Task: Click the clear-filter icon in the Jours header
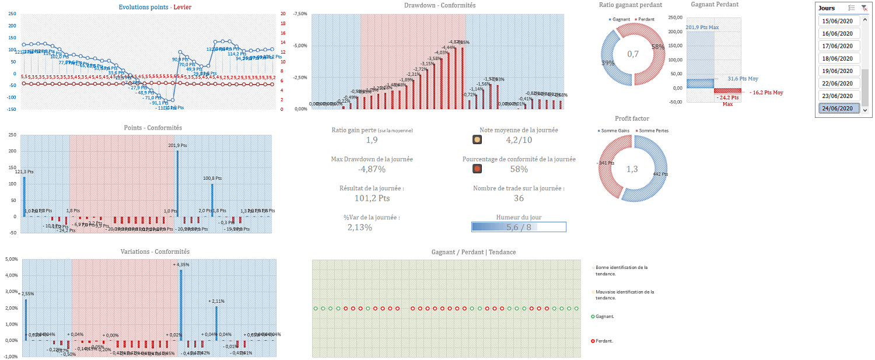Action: coord(863,8)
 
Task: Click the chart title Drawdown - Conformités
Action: coord(439,5)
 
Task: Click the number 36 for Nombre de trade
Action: coord(519,198)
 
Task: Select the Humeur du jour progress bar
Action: coord(519,228)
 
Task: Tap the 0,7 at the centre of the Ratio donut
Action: coord(633,54)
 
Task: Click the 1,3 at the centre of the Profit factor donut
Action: coord(633,169)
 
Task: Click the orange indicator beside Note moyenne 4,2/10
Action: coord(477,140)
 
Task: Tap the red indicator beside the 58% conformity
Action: coord(477,169)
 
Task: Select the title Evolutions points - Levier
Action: coord(155,7)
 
